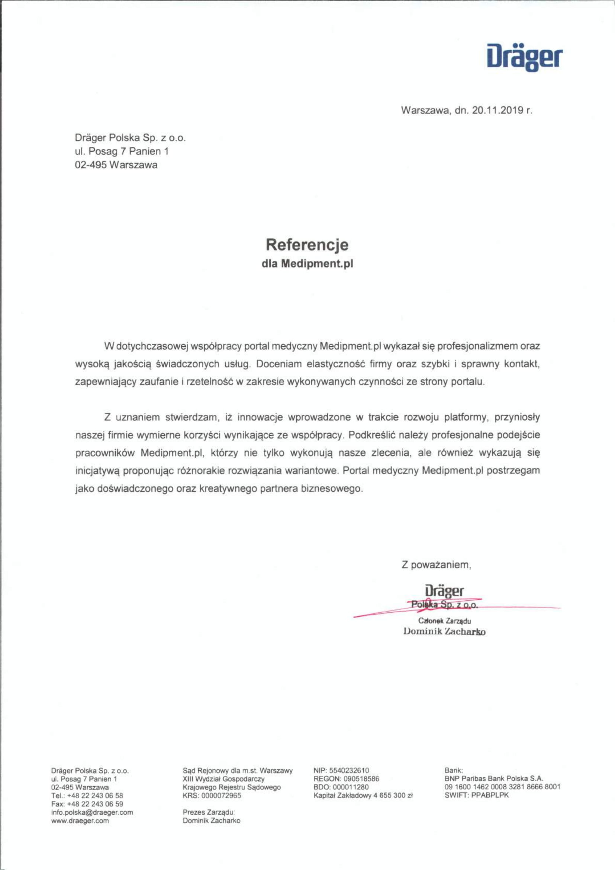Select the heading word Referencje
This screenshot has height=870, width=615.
click(x=307, y=245)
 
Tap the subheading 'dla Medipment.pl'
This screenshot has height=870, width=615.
click(x=307, y=264)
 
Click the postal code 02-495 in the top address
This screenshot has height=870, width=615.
click(x=91, y=165)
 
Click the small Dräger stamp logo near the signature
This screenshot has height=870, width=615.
click(x=444, y=591)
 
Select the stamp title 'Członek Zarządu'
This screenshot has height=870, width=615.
click(x=445, y=621)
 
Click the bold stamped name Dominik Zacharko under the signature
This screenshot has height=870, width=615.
click(x=445, y=632)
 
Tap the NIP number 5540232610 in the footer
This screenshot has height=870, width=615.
click(x=349, y=770)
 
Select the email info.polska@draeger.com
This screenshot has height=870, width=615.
click(x=92, y=812)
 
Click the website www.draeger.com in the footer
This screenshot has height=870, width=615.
click(x=80, y=821)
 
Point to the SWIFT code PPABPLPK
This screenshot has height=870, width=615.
click(x=490, y=795)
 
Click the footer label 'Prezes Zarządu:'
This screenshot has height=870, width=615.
click(x=209, y=812)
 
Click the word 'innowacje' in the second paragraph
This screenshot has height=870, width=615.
click(x=260, y=418)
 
